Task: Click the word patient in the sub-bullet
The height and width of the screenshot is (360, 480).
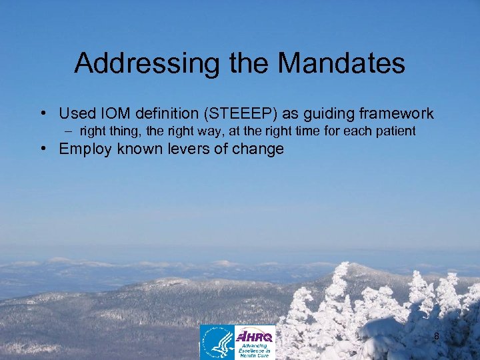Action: [397, 131]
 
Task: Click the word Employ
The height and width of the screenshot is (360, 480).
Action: [86, 149]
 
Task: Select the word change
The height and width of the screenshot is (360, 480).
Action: [261, 149]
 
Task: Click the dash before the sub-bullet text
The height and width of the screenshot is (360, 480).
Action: [87, 131]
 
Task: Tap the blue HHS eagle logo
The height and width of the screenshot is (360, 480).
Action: [217, 342]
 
